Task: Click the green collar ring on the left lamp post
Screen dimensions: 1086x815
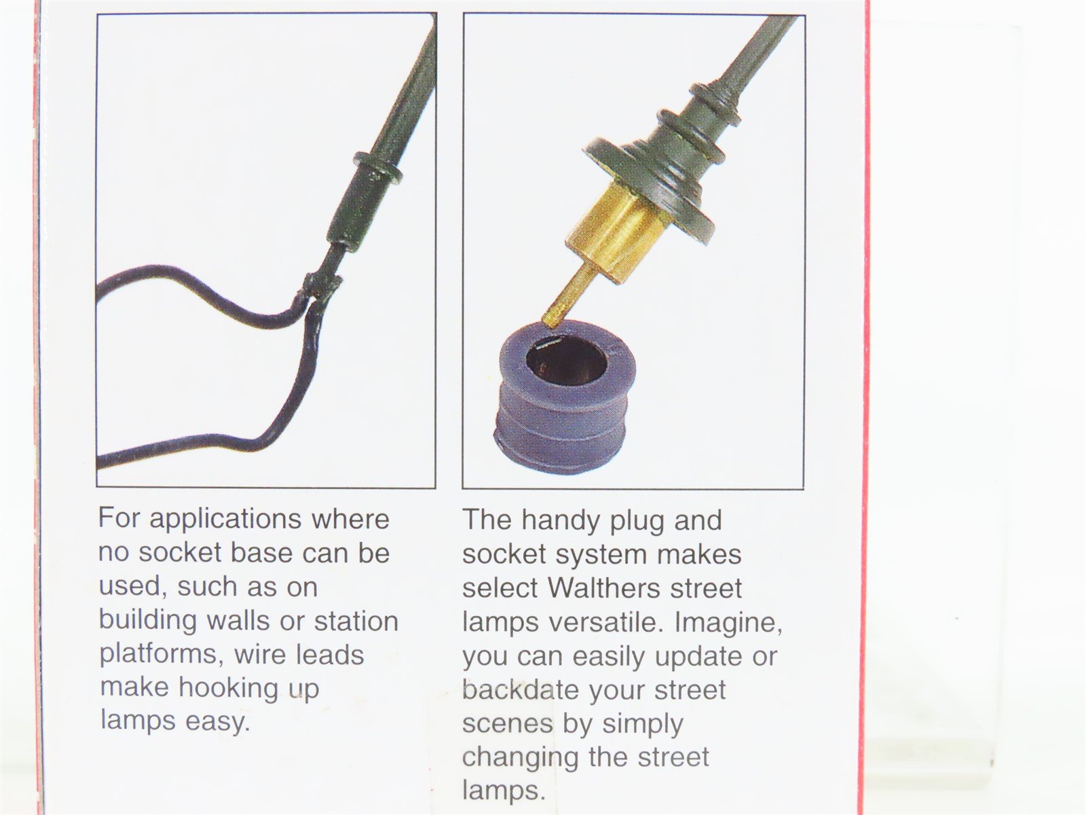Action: coord(377,168)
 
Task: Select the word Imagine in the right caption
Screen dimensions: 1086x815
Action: coord(728,623)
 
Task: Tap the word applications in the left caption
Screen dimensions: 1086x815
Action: coord(225,520)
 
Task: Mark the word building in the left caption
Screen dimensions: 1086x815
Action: coord(149,621)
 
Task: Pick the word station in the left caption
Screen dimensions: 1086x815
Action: coord(356,621)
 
